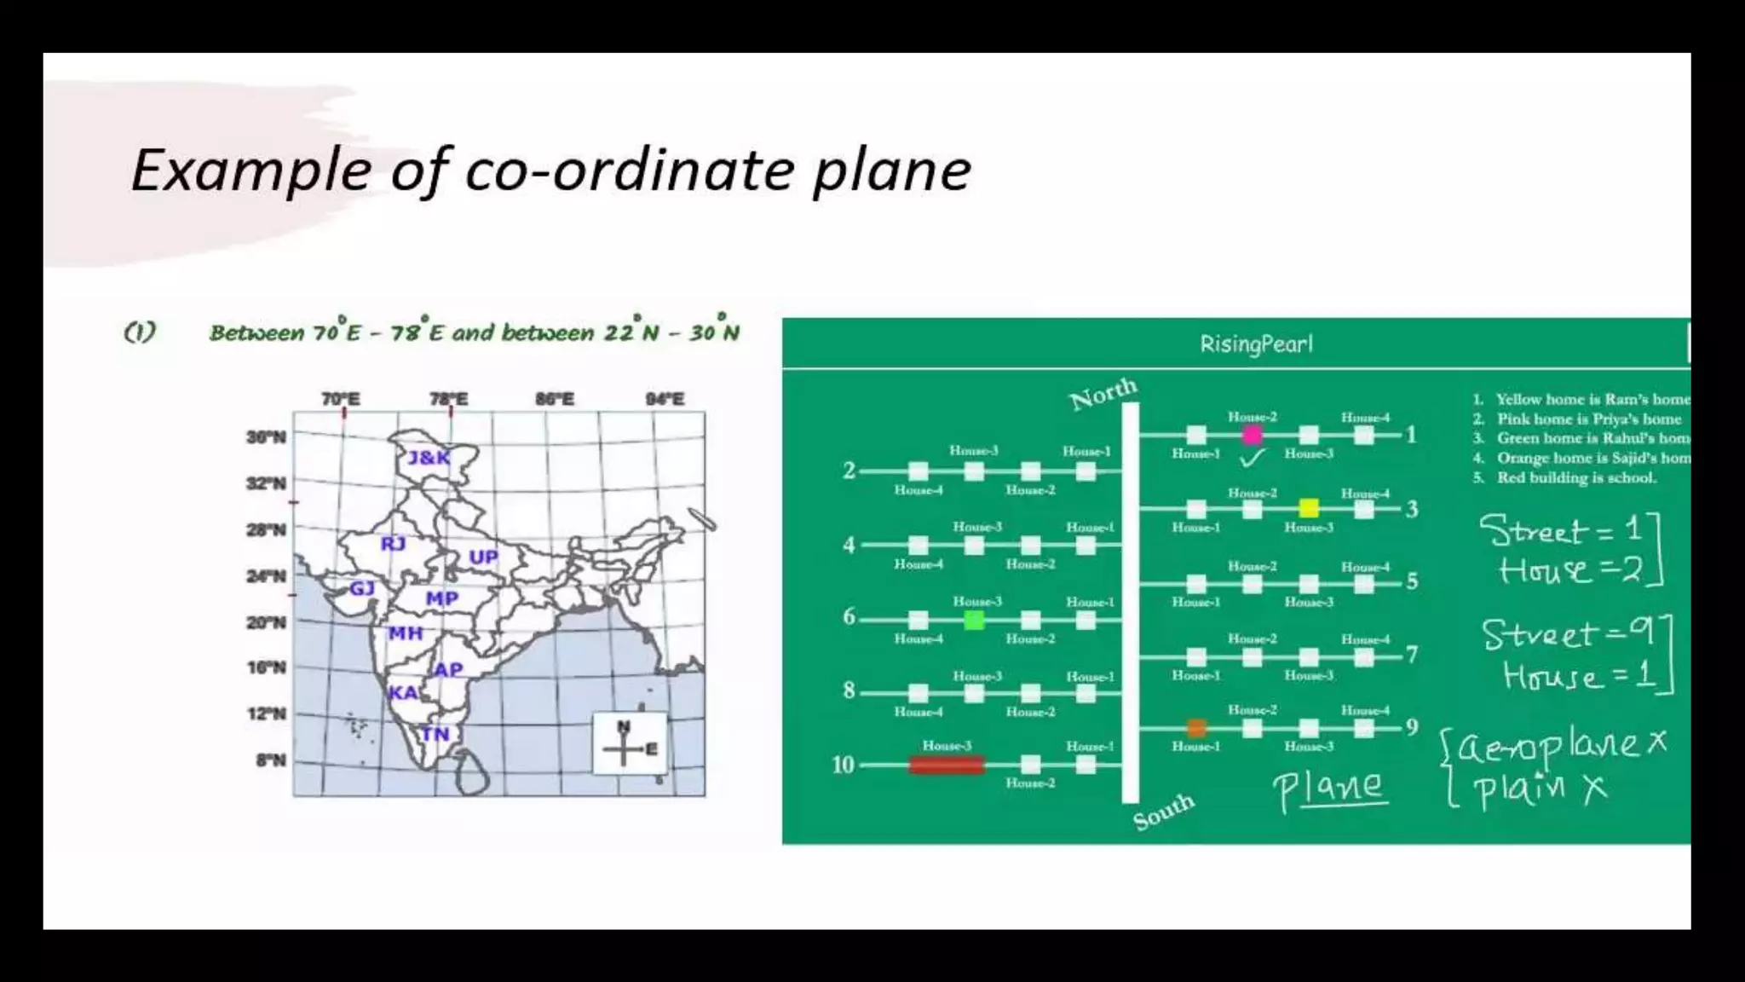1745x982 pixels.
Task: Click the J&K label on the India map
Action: pyautogui.click(x=429, y=458)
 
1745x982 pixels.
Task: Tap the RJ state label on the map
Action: pyautogui.click(x=393, y=544)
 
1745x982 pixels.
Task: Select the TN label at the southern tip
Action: pyautogui.click(x=435, y=734)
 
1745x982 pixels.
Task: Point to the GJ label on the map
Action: pyautogui.click(x=362, y=588)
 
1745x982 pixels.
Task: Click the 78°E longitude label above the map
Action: pyautogui.click(x=448, y=399)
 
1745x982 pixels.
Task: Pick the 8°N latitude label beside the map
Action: pyautogui.click(x=270, y=760)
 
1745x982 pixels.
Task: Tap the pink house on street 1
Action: pyautogui.click(x=1252, y=436)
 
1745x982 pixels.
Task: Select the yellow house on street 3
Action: pyautogui.click(x=1309, y=509)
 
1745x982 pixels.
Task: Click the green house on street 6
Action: pyautogui.click(x=974, y=620)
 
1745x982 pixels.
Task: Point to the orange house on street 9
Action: pyautogui.click(x=1196, y=728)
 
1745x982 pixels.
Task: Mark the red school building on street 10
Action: pyautogui.click(x=947, y=765)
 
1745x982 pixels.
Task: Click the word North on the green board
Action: pyautogui.click(x=1103, y=393)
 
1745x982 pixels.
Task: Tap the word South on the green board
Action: pyautogui.click(x=1163, y=811)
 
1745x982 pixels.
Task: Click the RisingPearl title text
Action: pyautogui.click(x=1256, y=344)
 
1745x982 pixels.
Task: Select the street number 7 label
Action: pyautogui.click(x=1412, y=655)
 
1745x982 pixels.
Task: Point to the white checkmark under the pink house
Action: pyautogui.click(x=1252, y=459)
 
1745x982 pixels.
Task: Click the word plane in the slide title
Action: pyautogui.click(x=891, y=170)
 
